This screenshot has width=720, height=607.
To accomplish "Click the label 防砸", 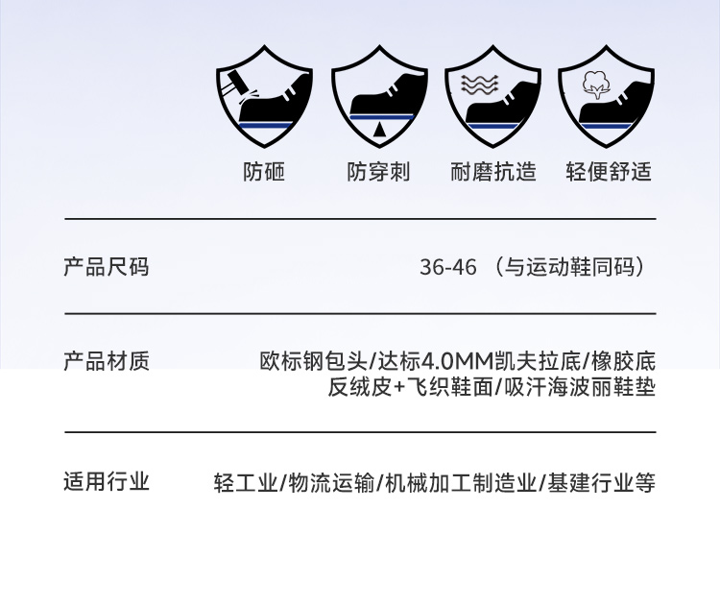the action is click(x=264, y=172).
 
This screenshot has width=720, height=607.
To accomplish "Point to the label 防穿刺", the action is click(x=378, y=172).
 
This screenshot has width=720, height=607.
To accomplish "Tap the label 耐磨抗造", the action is click(x=492, y=172).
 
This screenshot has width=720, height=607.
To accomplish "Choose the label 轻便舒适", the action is click(x=609, y=172).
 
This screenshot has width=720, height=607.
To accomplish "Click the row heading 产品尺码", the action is click(x=107, y=266).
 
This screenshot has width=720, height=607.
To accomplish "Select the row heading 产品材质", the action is click(x=107, y=361).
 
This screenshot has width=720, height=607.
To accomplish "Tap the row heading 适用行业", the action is click(x=107, y=481).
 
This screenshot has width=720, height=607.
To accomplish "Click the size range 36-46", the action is click(x=447, y=267).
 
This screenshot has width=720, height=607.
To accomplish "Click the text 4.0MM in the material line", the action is click(x=456, y=362).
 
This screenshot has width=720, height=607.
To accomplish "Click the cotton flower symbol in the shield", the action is click(x=595, y=85).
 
